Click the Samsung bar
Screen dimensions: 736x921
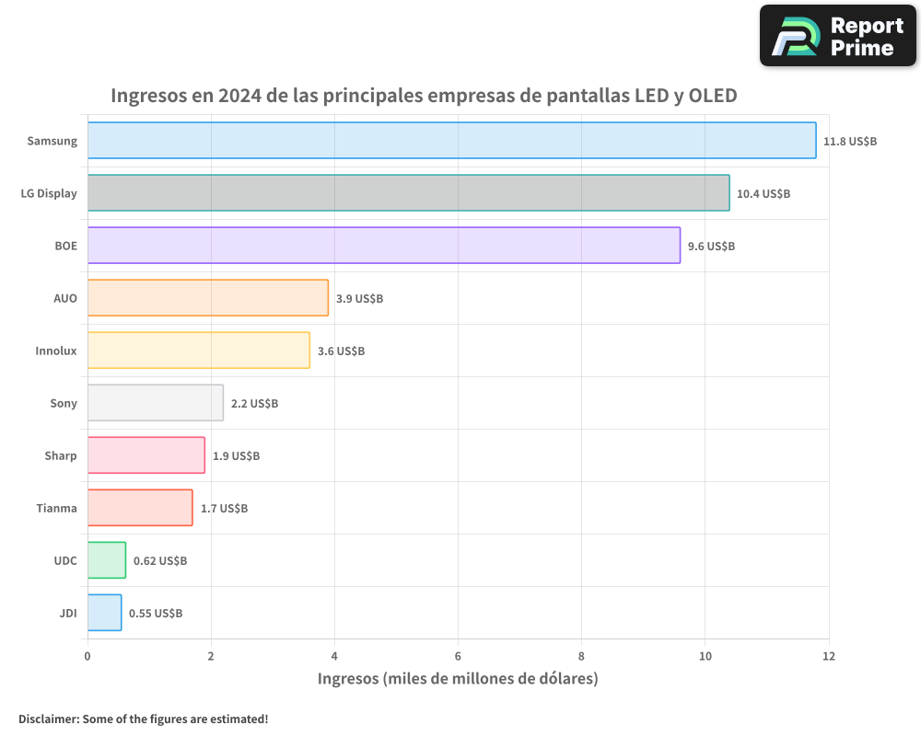(451, 141)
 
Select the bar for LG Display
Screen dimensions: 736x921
(408, 193)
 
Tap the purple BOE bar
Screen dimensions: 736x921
(384, 246)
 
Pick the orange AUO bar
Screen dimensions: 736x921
(208, 298)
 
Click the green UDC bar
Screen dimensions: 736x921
(107, 560)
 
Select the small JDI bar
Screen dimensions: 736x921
(104, 613)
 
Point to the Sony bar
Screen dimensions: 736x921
(156, 403)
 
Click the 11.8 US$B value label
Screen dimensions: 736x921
(850, 142)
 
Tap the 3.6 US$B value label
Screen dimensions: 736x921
(341, 351)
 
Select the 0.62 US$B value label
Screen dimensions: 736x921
(160, 561)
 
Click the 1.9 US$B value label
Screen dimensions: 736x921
(236, 456)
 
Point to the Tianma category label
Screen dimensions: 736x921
(56, 508)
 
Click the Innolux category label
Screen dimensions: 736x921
(56, 351)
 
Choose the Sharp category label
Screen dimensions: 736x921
(61, 455)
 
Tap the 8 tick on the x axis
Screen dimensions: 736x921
(581, 656)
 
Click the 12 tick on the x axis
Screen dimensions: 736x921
(829, 656)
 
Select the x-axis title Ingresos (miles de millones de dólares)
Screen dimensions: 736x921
(458, 679)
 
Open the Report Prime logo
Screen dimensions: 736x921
(838, 36)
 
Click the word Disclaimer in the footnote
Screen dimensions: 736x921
(48, 719)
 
